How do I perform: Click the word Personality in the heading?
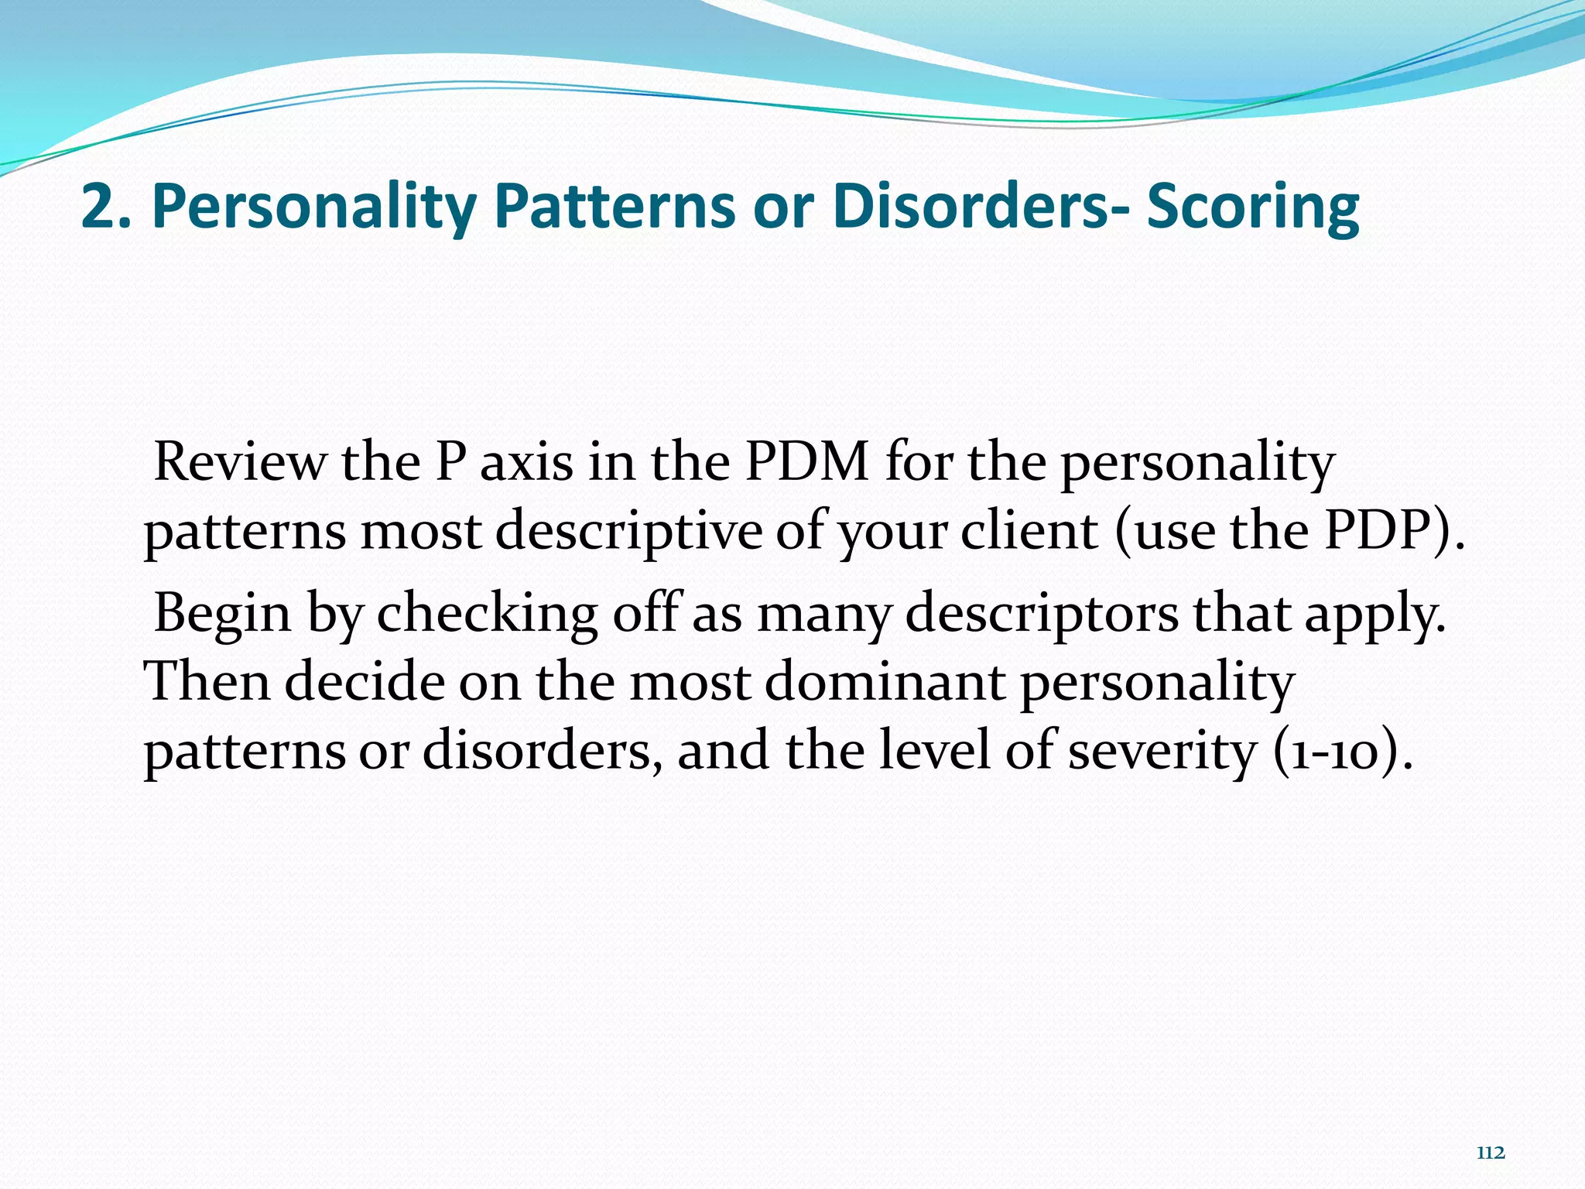(313, 207)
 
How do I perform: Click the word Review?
(241, 462)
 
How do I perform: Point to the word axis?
(527, 462)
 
